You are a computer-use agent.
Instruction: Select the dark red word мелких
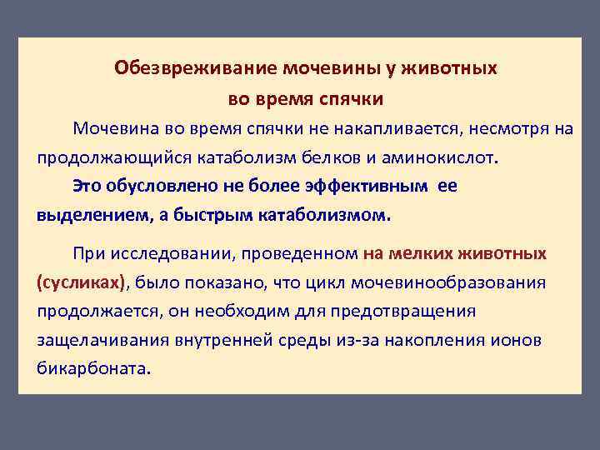point(424,253)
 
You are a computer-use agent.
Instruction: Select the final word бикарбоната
point(93,368)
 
